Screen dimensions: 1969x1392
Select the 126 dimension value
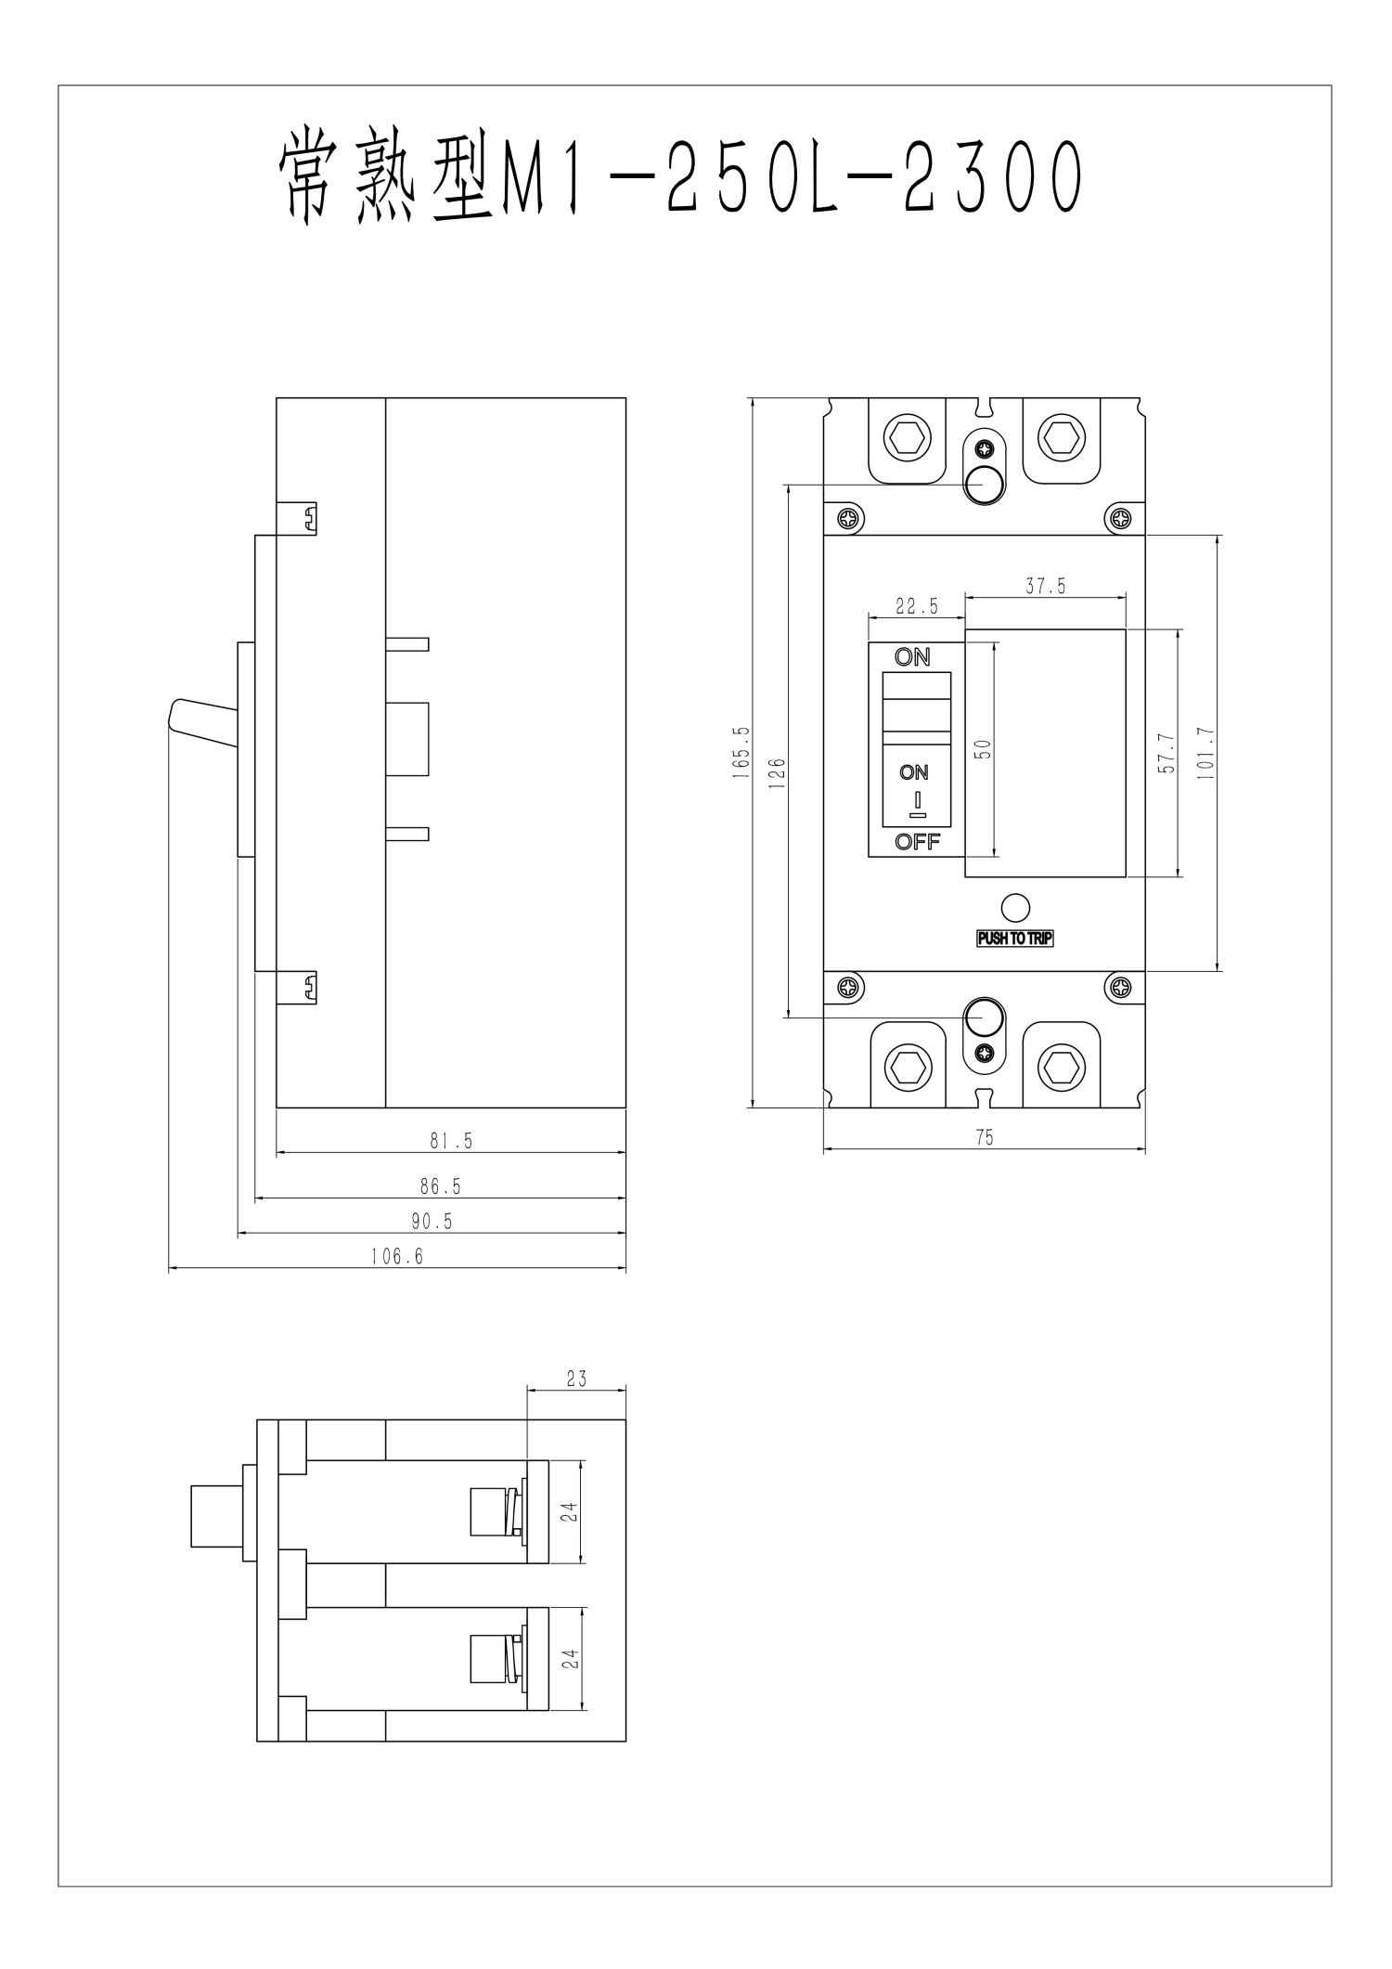point(779,773)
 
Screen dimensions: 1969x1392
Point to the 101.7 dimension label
point(1205,752)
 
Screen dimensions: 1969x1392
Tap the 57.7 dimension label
point(1167,753)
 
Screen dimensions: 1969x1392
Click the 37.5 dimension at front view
point(1045,587)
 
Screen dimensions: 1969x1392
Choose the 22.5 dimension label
point(916,607)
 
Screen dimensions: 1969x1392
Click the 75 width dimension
point(985,1137)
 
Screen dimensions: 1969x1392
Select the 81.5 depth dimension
point(451,1142)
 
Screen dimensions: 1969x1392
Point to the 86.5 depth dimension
point(441,1186)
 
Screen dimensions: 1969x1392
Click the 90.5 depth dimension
point(432,1222)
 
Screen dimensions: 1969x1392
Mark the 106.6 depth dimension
point(397,1257)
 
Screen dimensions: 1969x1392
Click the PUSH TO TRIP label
point(1015,939)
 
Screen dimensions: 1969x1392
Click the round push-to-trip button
point(1016,908)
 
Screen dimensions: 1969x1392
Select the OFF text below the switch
point(917,842)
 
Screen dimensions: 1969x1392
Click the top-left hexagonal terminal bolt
point(906,435)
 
